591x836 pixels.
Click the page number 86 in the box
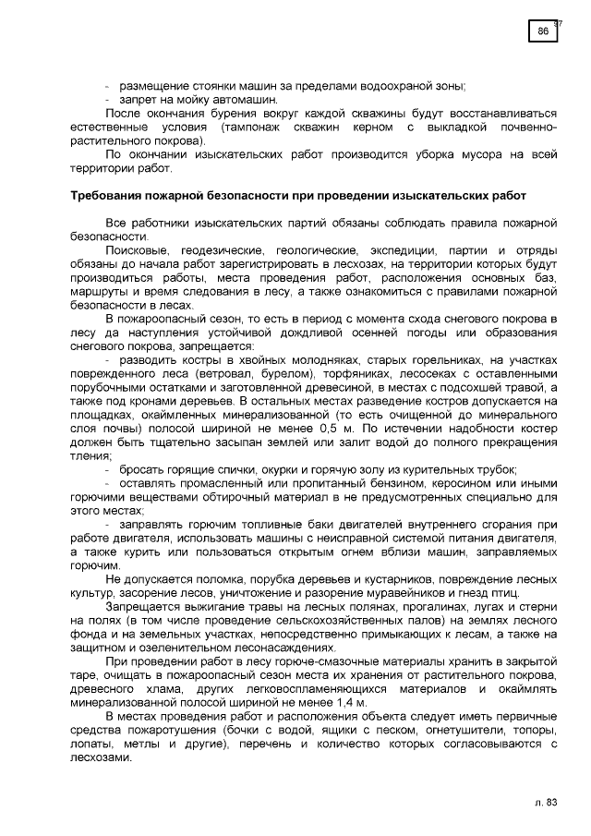point(543,31)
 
